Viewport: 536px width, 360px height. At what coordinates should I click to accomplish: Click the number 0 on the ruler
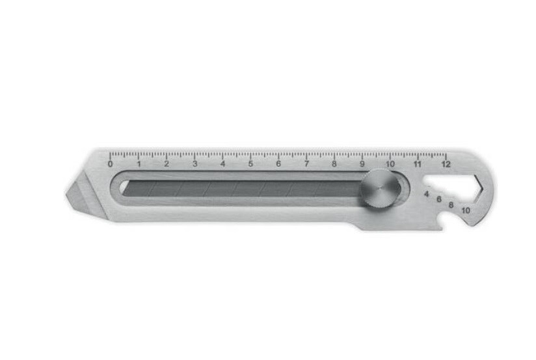(x=110, y=164)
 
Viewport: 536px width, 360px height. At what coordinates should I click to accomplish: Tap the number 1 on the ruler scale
(x=138, y=164)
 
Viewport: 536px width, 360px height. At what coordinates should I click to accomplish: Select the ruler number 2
(x=166, y=164)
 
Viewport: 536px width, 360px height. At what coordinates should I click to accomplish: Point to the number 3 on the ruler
(x=194, y=164)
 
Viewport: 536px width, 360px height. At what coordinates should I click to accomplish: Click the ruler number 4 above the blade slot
(x=222, y=164)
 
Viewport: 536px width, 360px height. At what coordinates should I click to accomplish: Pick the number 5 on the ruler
(x=250, y=164)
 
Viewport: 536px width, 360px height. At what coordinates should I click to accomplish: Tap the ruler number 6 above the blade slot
(x=278, y=164)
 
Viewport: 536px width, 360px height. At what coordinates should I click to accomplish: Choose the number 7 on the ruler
(x=306, y=164)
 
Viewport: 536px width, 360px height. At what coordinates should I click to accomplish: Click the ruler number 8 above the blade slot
(x=334, y=164)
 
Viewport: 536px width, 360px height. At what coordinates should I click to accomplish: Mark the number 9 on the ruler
(x=362, y=164)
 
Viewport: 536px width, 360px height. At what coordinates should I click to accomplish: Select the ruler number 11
(x=417, y=164)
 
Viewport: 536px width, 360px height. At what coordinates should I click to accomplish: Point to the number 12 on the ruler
(x=446, y=164)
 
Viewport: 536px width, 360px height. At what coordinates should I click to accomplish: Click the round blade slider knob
(x=381, y=189)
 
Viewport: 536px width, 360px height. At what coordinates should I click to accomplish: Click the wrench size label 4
(x=427, y=193)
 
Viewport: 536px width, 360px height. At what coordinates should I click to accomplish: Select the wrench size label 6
(x=439, y=199)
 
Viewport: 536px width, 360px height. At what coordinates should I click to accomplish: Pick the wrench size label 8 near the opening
(x=451, y=205)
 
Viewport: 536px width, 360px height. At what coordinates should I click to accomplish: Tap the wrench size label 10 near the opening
(x=465, y=210)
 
